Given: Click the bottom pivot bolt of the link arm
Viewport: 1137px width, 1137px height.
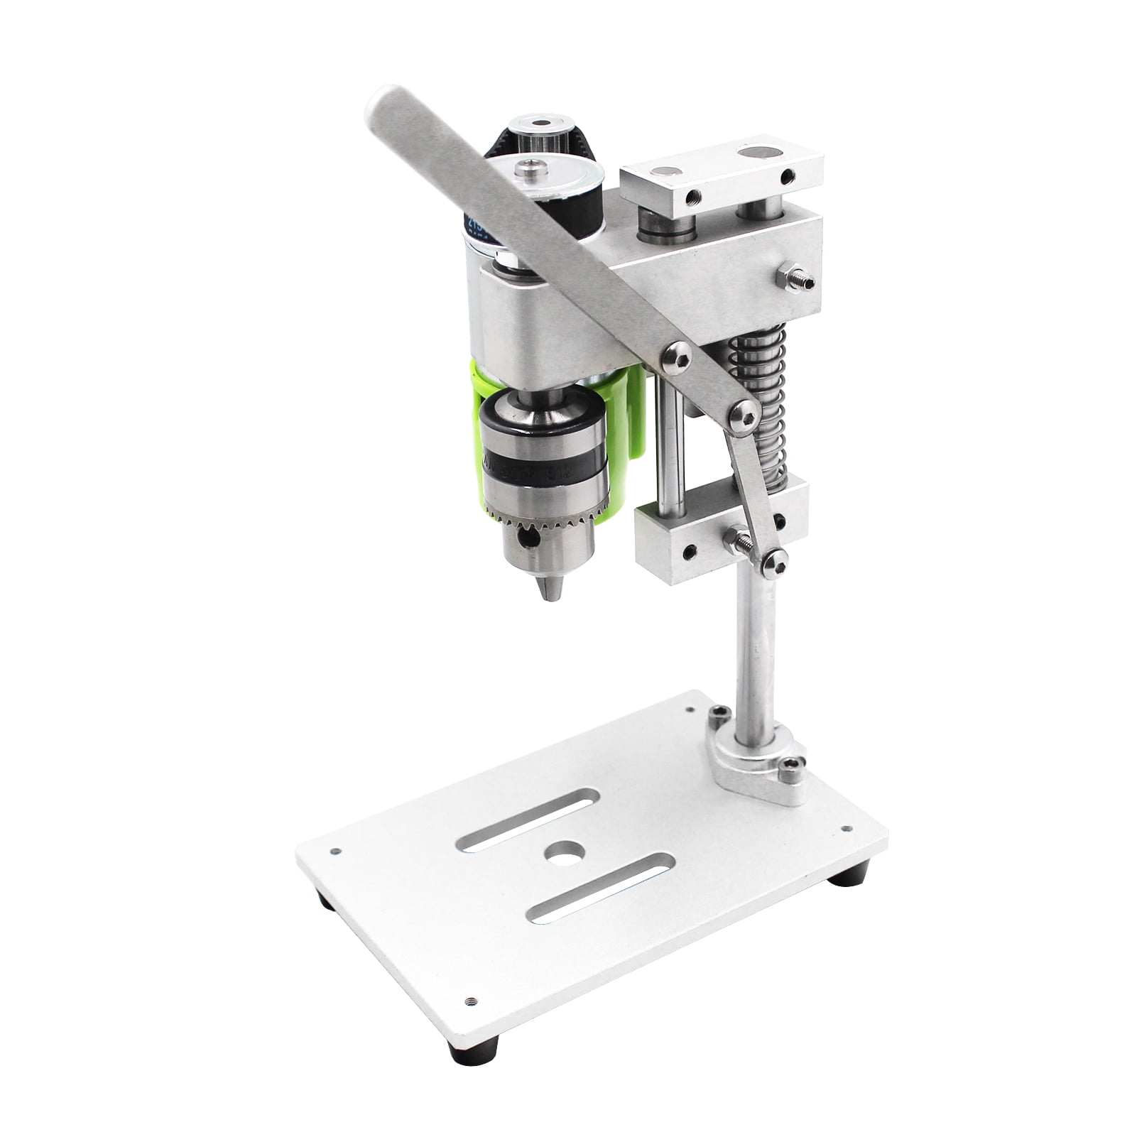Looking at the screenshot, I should tap(776, 562).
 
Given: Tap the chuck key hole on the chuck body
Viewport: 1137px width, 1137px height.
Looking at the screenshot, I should tap(526, 539).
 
